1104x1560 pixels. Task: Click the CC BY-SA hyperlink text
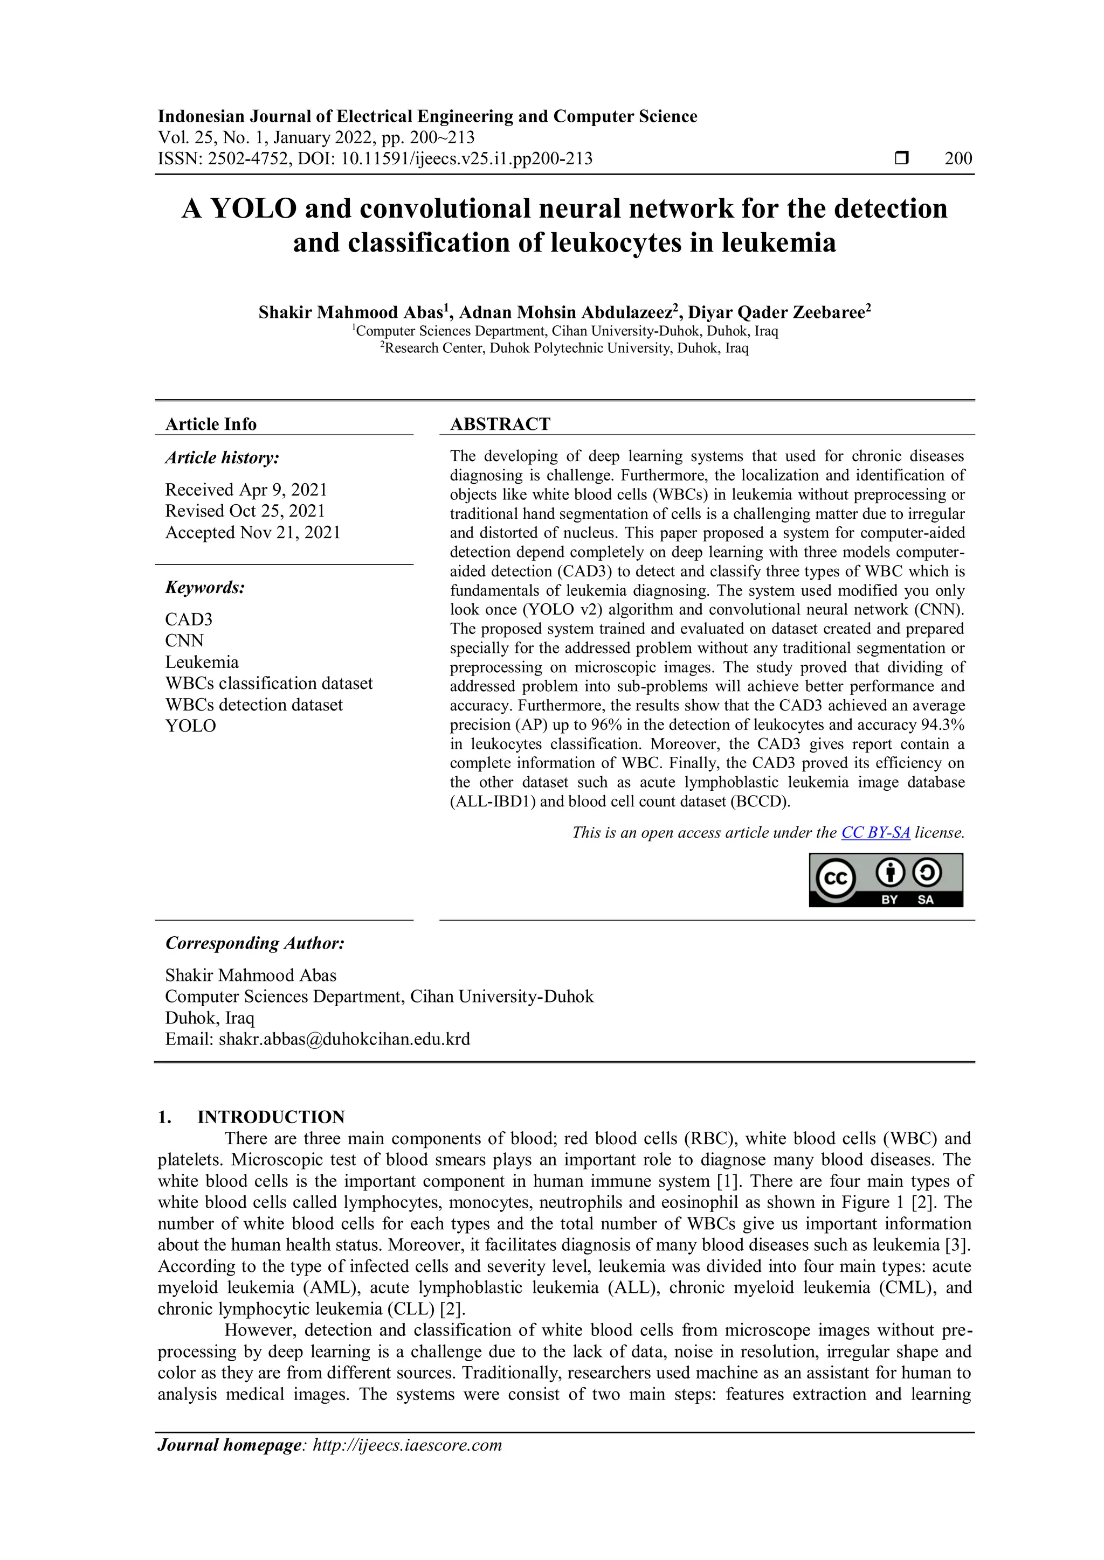click(x=875, y=832)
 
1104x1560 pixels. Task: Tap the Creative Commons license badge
click(x=885, y=880)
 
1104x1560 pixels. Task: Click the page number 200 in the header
click(x=958, y=159)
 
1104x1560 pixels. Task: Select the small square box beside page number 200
click(x=901, y=158)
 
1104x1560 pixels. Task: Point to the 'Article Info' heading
click(x=211, y=424)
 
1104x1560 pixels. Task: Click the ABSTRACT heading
click(x=500, y=424)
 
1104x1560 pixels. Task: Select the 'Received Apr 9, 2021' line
click(x=246, y=490)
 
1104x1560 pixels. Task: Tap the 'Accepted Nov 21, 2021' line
click(x=252, y=533)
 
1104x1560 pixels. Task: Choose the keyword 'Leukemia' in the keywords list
click(x=202, y=662)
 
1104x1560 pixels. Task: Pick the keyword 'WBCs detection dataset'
click(x=253, y=705)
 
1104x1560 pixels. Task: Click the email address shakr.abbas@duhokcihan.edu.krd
click(x=344, y=1039)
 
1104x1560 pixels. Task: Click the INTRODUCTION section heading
click(x=271, y=1117)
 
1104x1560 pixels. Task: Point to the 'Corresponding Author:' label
click(x=254, y=943)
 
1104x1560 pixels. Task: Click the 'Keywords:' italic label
click(x=205, y=587)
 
